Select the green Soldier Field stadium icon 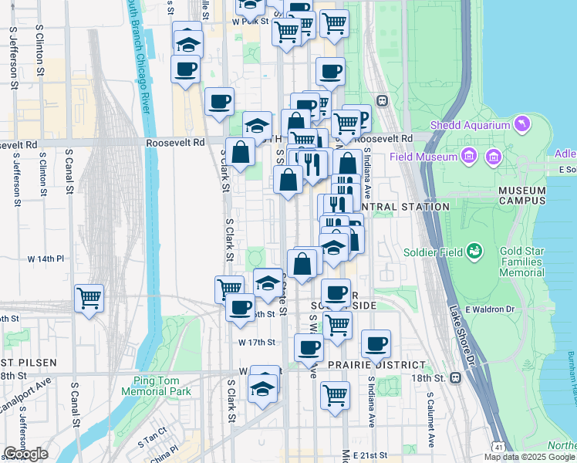point(476,252)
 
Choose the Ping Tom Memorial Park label point(156,386)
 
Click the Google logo point(25,454)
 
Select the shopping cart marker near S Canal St point(89,298)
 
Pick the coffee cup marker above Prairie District point(376,343)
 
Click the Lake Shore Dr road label point(461,336)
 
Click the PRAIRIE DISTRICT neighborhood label point(376,364)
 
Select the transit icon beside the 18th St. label point(456,378)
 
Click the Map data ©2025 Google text point(528,457)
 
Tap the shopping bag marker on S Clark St point(241,153)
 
